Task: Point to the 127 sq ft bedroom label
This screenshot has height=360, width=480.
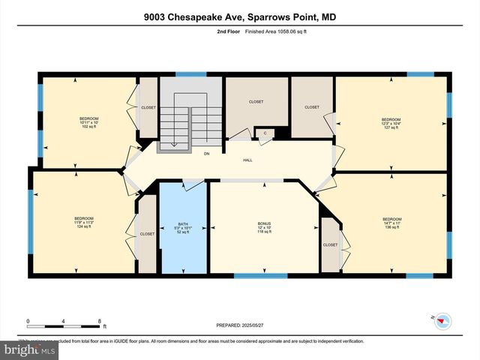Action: [x=391, y=124]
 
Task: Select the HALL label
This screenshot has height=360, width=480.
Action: [x=247, y=160]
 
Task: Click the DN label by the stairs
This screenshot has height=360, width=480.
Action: [x=206, y=154]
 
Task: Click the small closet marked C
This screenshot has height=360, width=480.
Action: [x=265, y=133]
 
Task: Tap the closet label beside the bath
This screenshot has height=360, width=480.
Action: [x=146, y=233]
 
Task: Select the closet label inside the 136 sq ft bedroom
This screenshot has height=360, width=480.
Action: [x=330, y=244]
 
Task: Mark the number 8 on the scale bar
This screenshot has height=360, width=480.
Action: [x=100, y=321]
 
